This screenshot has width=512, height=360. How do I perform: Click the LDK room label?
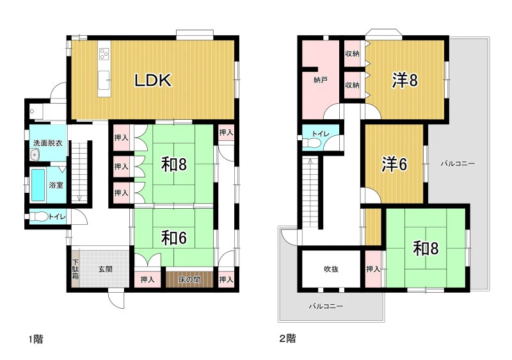153,80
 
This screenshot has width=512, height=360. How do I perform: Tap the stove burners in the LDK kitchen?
104,54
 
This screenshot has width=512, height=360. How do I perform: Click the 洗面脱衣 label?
47,143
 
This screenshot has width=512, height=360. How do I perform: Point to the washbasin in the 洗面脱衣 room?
35,154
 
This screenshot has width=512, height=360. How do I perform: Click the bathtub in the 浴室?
38,185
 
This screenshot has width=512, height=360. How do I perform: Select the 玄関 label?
106,269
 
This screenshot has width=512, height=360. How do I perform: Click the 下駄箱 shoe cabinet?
76,269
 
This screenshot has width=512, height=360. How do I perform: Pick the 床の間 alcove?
189,279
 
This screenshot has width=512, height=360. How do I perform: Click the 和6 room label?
173,238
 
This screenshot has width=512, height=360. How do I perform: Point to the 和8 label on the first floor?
173,165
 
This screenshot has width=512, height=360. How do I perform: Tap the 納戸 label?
321,79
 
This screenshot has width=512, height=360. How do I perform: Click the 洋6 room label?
394,164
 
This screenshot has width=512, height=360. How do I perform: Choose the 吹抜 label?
331,269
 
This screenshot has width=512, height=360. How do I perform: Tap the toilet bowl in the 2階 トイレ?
310,143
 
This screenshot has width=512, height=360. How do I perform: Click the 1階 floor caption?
36,340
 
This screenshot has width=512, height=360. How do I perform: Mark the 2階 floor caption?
287,338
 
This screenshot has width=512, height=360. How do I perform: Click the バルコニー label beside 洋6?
458,163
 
